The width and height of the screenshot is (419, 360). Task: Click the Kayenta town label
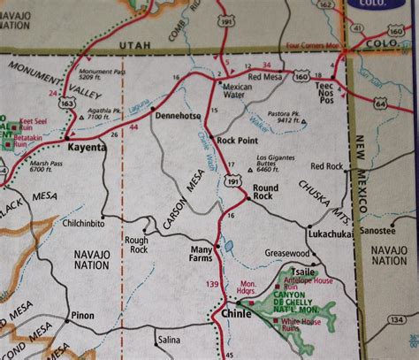tap(84, 148)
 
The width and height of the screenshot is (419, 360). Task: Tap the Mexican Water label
tap(238, 92)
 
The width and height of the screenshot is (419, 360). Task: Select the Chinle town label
tap(232, 312)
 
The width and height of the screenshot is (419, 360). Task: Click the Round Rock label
tap(265, 192)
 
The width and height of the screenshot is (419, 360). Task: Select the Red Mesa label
tap(264, 77)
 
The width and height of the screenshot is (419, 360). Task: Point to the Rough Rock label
tap(137, 243)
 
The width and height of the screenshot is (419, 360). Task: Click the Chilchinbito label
tap(85, 224)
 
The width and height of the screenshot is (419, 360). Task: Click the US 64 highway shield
tap(380, 104)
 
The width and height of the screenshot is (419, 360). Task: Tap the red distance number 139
tap(212, 284)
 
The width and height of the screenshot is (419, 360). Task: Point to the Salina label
tap(168, 339)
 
